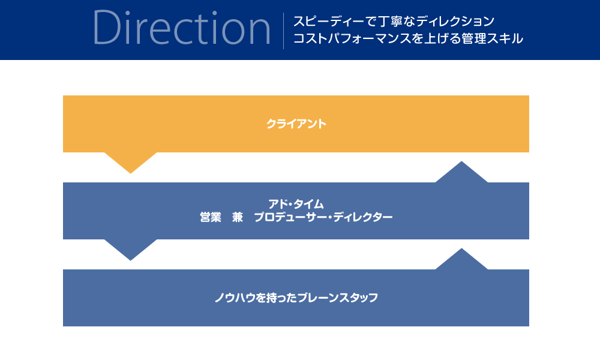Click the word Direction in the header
tap(182, 28)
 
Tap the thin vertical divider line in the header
tap(284, 31)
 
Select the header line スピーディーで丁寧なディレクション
tap(394, 21)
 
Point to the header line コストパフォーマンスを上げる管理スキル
tap(408, 38)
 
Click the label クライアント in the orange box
tap(296, 124)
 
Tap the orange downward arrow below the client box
tap(130, 163)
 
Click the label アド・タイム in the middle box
tap(296, 204)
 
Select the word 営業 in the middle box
tap(211, 217)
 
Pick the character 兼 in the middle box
tap(237, 217)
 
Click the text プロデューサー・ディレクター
tap(323, 217)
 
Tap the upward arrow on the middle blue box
tap(461, 172)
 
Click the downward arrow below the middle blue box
tap(130, 250)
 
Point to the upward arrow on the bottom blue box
tap(461, 259)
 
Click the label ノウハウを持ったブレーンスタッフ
tap(296, 298)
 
